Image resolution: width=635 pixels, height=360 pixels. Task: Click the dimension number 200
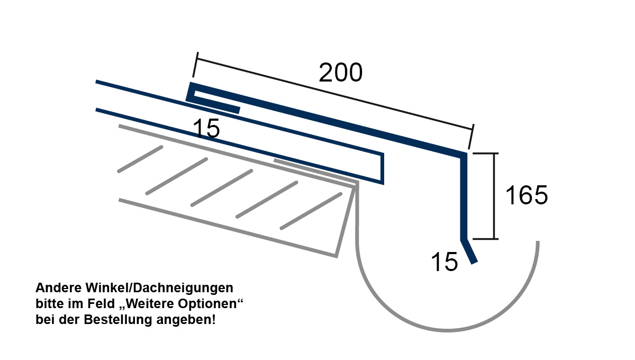click(x=340, y=73)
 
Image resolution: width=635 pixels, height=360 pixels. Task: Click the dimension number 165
click(x=527, y=195)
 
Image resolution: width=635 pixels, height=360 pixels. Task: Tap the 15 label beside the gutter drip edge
click(x=444, y=262)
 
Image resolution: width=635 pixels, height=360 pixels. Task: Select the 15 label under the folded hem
click(x=206, y=128)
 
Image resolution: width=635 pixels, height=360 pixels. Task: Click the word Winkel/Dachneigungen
click(x=159, y=288)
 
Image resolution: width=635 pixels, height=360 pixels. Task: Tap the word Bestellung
click(x=118, y=320)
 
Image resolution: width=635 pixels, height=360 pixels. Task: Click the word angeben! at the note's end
click(x=186, y=320)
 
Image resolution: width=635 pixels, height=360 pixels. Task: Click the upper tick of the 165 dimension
click(x=485, y=154)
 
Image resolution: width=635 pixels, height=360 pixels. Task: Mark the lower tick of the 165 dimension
click(x=485, y=239)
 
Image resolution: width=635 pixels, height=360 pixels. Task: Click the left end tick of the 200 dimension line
click(x=195, y=65)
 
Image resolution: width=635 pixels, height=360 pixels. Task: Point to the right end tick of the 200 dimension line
click(x=471, y=137)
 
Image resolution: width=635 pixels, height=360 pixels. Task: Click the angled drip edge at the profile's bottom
click(x=469, y=251)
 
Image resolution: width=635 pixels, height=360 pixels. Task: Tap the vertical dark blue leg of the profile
click(x=463, y=196)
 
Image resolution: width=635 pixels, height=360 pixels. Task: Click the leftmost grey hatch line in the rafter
click(x=140, y=159)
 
